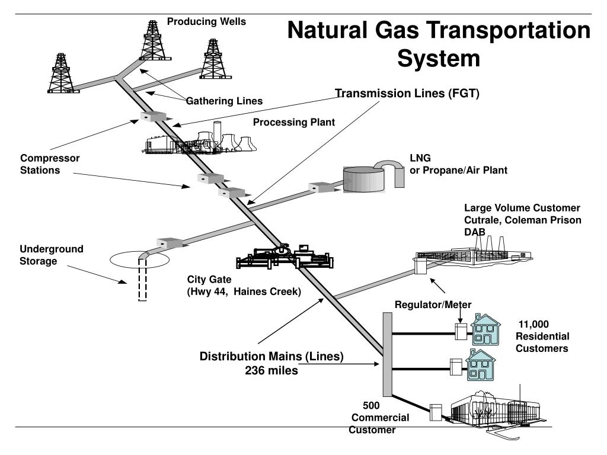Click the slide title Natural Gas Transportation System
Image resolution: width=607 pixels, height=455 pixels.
coord(439,44)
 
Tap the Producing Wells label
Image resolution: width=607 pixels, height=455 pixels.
coord(206,22)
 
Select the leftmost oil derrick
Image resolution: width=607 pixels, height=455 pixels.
coord(61,73)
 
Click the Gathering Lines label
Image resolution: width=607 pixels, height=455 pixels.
coord(224,101)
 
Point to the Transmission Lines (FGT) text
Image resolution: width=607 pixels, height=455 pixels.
coord(407,94)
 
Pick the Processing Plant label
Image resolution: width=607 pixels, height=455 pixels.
coord(294,122)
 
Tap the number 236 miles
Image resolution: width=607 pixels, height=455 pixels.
coord(271,370)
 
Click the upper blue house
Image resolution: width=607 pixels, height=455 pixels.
coord(485,330)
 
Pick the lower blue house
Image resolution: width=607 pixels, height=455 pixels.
coord(480,365)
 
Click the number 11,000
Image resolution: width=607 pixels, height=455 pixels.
coord(534,324)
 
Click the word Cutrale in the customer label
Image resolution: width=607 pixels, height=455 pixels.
coord(481,220)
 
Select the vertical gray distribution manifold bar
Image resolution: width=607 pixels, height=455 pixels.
coord(387,354)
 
